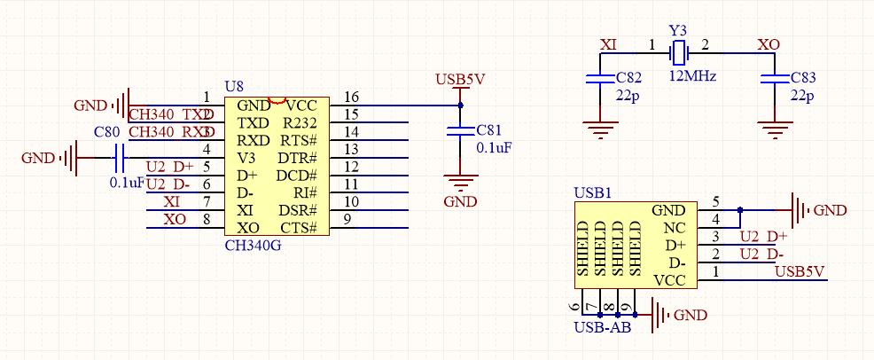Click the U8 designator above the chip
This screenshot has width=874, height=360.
click(234, 86)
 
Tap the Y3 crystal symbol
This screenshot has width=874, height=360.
click(679, 52)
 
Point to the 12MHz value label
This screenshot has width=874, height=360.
click(692, 76)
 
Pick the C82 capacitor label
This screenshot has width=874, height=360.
click(628, 78)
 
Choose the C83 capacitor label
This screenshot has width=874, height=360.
click(802, 78)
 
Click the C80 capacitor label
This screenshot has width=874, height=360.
click(107, 132)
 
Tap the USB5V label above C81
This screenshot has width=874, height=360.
click(460, 79)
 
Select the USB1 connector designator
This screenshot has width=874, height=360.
click(592, 192)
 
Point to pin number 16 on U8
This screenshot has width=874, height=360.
click(351, 97)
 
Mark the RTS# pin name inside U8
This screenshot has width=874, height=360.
click(300, 140)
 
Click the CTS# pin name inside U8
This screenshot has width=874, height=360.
click(300, 228)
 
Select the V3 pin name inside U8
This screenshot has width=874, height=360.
click(246, 158)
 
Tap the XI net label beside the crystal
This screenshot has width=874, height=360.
click(609, 43)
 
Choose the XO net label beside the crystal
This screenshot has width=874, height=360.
click(769, 43)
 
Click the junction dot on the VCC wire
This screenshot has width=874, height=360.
click(460, 106)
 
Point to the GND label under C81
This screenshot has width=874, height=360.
click(460, 201)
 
